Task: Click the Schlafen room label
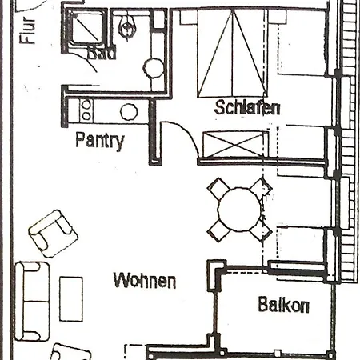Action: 247,108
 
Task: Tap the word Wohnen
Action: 145,280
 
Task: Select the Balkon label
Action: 283,305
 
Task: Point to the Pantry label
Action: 100,141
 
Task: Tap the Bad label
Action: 102,54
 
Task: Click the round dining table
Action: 238,209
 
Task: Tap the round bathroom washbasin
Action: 152,66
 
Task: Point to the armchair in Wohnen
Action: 54,232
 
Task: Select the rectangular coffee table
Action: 71,298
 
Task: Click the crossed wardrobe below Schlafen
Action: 234,146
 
